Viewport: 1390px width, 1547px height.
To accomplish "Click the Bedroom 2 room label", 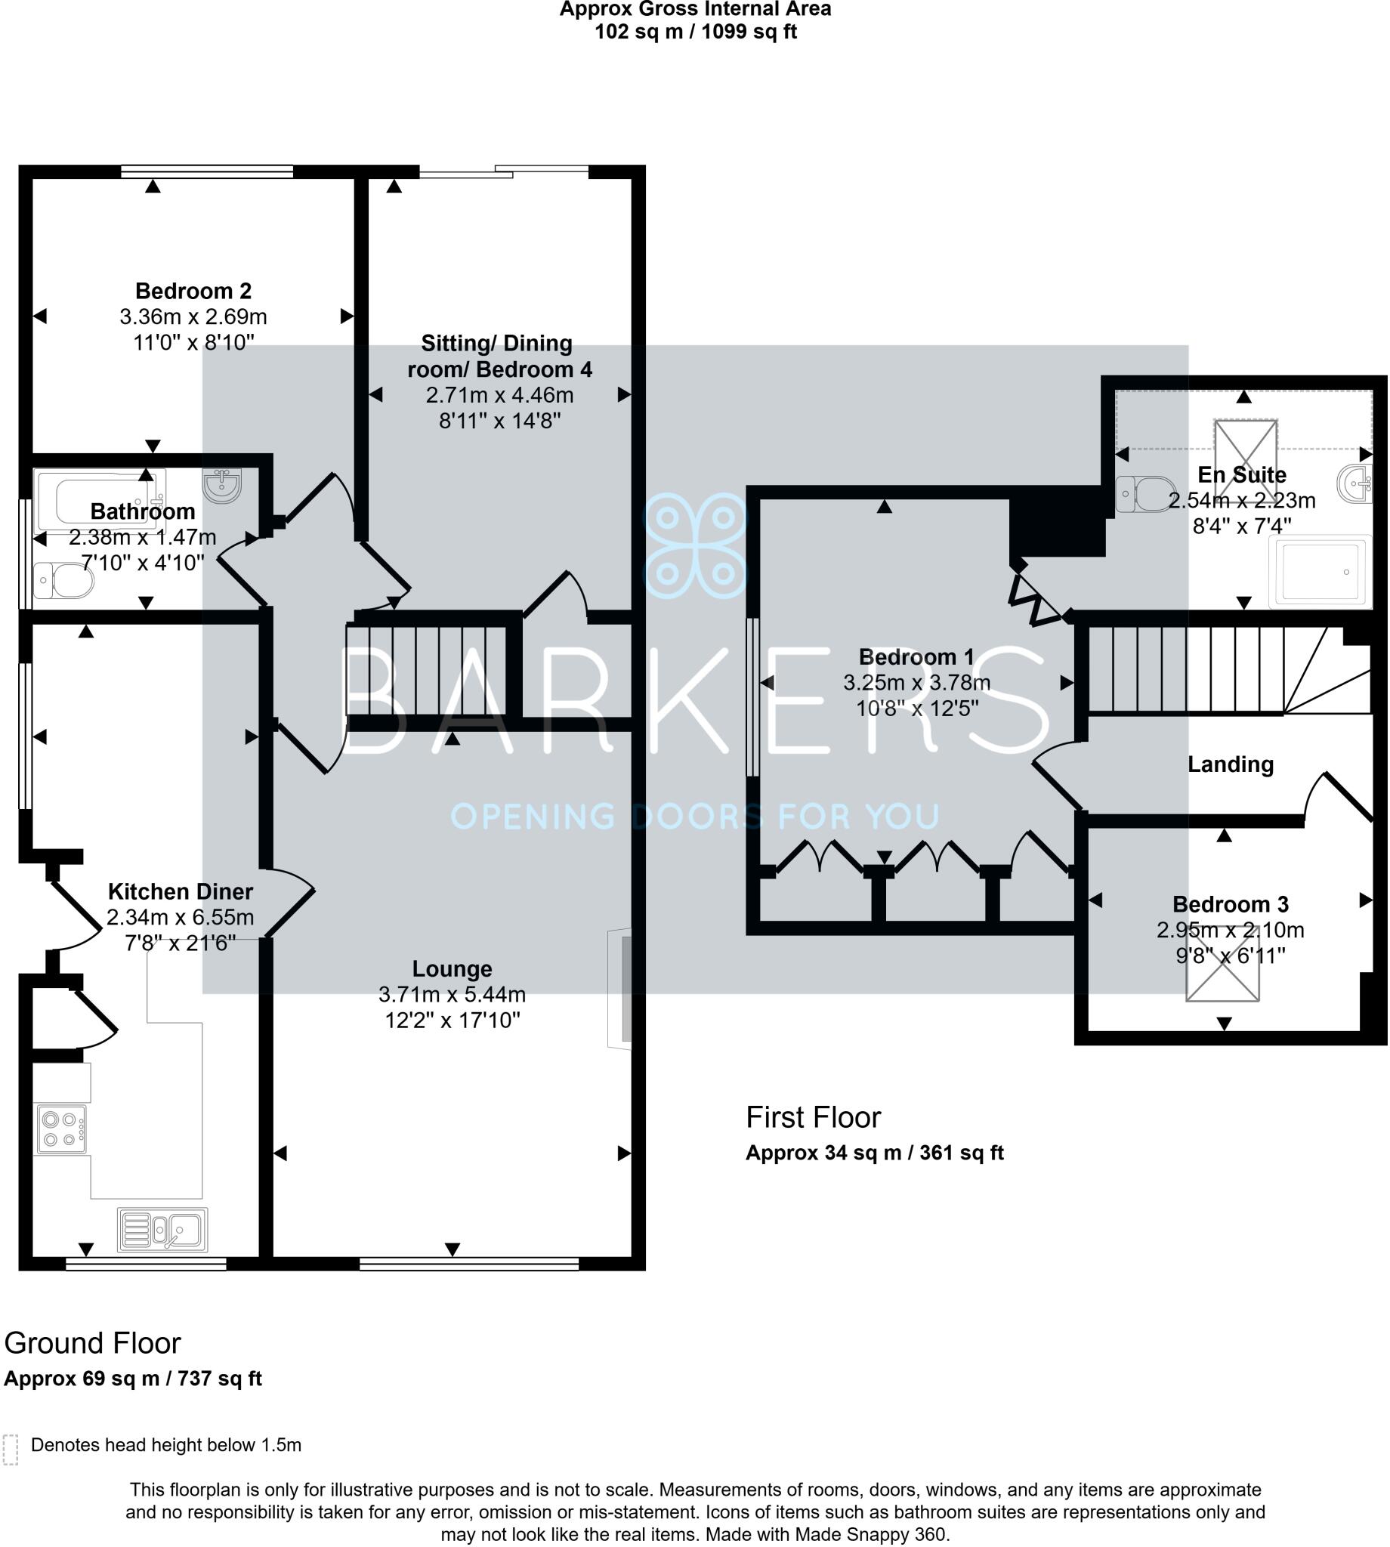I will pyautogui.click(x=193, y=291).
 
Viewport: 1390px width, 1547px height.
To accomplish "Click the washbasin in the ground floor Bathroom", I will pyautogui.click(x=222, y=486).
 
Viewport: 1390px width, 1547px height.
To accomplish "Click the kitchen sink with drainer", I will pyautogui.click(x=162, y=1229).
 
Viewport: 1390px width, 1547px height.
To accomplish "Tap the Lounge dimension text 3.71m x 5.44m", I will pyautogui.click(x=453, y=995).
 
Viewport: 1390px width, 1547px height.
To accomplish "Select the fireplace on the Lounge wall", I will pyautogui.click(x=621, y=990).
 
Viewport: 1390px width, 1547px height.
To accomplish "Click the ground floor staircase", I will pyautogui.click(x=428, y=671).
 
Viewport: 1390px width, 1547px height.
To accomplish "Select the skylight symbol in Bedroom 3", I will pyautogui.click(x=1224, y=965).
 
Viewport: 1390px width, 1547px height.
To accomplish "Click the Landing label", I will pyautogui.click(x=1231, y=765).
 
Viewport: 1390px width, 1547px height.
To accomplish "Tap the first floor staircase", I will pyautogui.click(x=1206, y=670).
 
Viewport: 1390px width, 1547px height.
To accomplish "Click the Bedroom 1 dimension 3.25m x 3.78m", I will pyautogui.click(x=917, y=683).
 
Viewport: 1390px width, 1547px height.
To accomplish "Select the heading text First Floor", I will pyautogui.click(x=814, y=1118).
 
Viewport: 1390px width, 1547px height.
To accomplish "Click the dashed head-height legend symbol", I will pyautogui.click(x=10, y=1450).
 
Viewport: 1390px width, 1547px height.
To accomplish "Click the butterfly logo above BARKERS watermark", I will pyautogui.click(x=696, y=546).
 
